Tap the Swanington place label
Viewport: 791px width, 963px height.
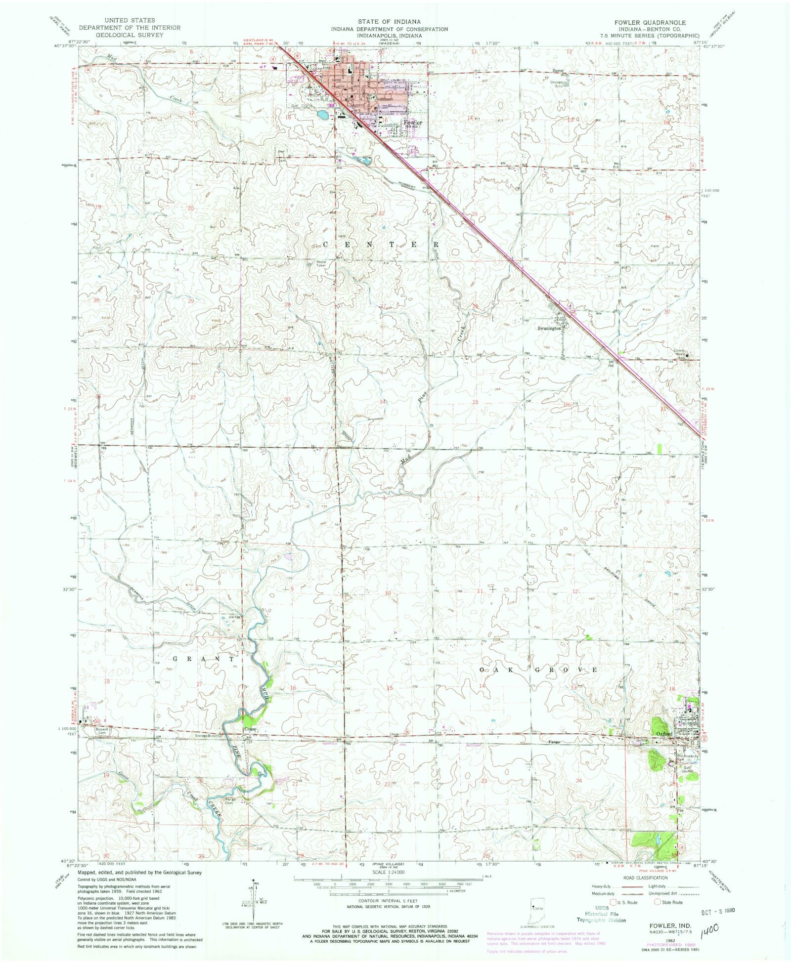550,328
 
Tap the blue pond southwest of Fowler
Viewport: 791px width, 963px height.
323,116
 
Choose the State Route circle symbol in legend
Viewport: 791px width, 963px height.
658,902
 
